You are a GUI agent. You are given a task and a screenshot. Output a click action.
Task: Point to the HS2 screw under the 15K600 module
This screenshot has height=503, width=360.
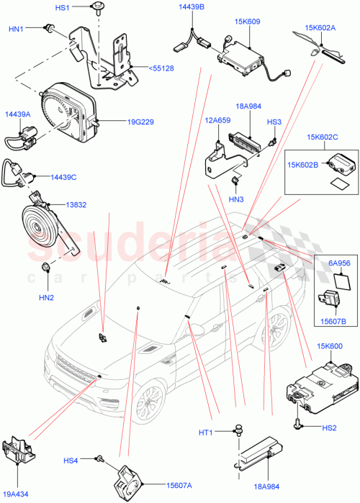click(297, 426)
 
